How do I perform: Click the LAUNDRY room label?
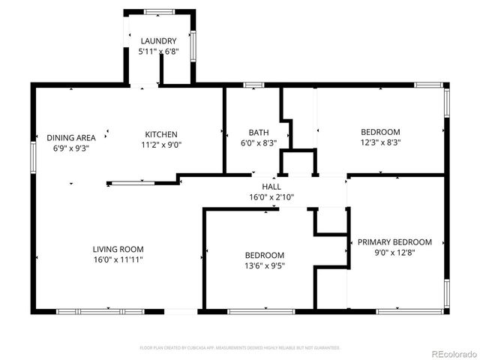[158, 41]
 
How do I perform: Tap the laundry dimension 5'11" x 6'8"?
[158, 52]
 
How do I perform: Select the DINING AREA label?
[71, 138]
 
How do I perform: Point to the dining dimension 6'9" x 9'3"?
[71, 148]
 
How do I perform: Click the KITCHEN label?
[160, 134]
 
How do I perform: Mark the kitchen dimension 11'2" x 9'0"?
[160, 145]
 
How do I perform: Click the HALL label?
[271, 187]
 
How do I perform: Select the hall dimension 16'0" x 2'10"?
[271, 198]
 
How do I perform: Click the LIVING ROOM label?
[118, 249]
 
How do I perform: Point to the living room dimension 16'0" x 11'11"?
[118, 259]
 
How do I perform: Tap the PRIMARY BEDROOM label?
[394, 241]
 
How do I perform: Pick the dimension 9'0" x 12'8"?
[394, 253]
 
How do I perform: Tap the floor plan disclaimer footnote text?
[240, 347]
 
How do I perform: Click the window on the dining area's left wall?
[33, 159]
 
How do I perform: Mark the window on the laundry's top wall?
[158, 11]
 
